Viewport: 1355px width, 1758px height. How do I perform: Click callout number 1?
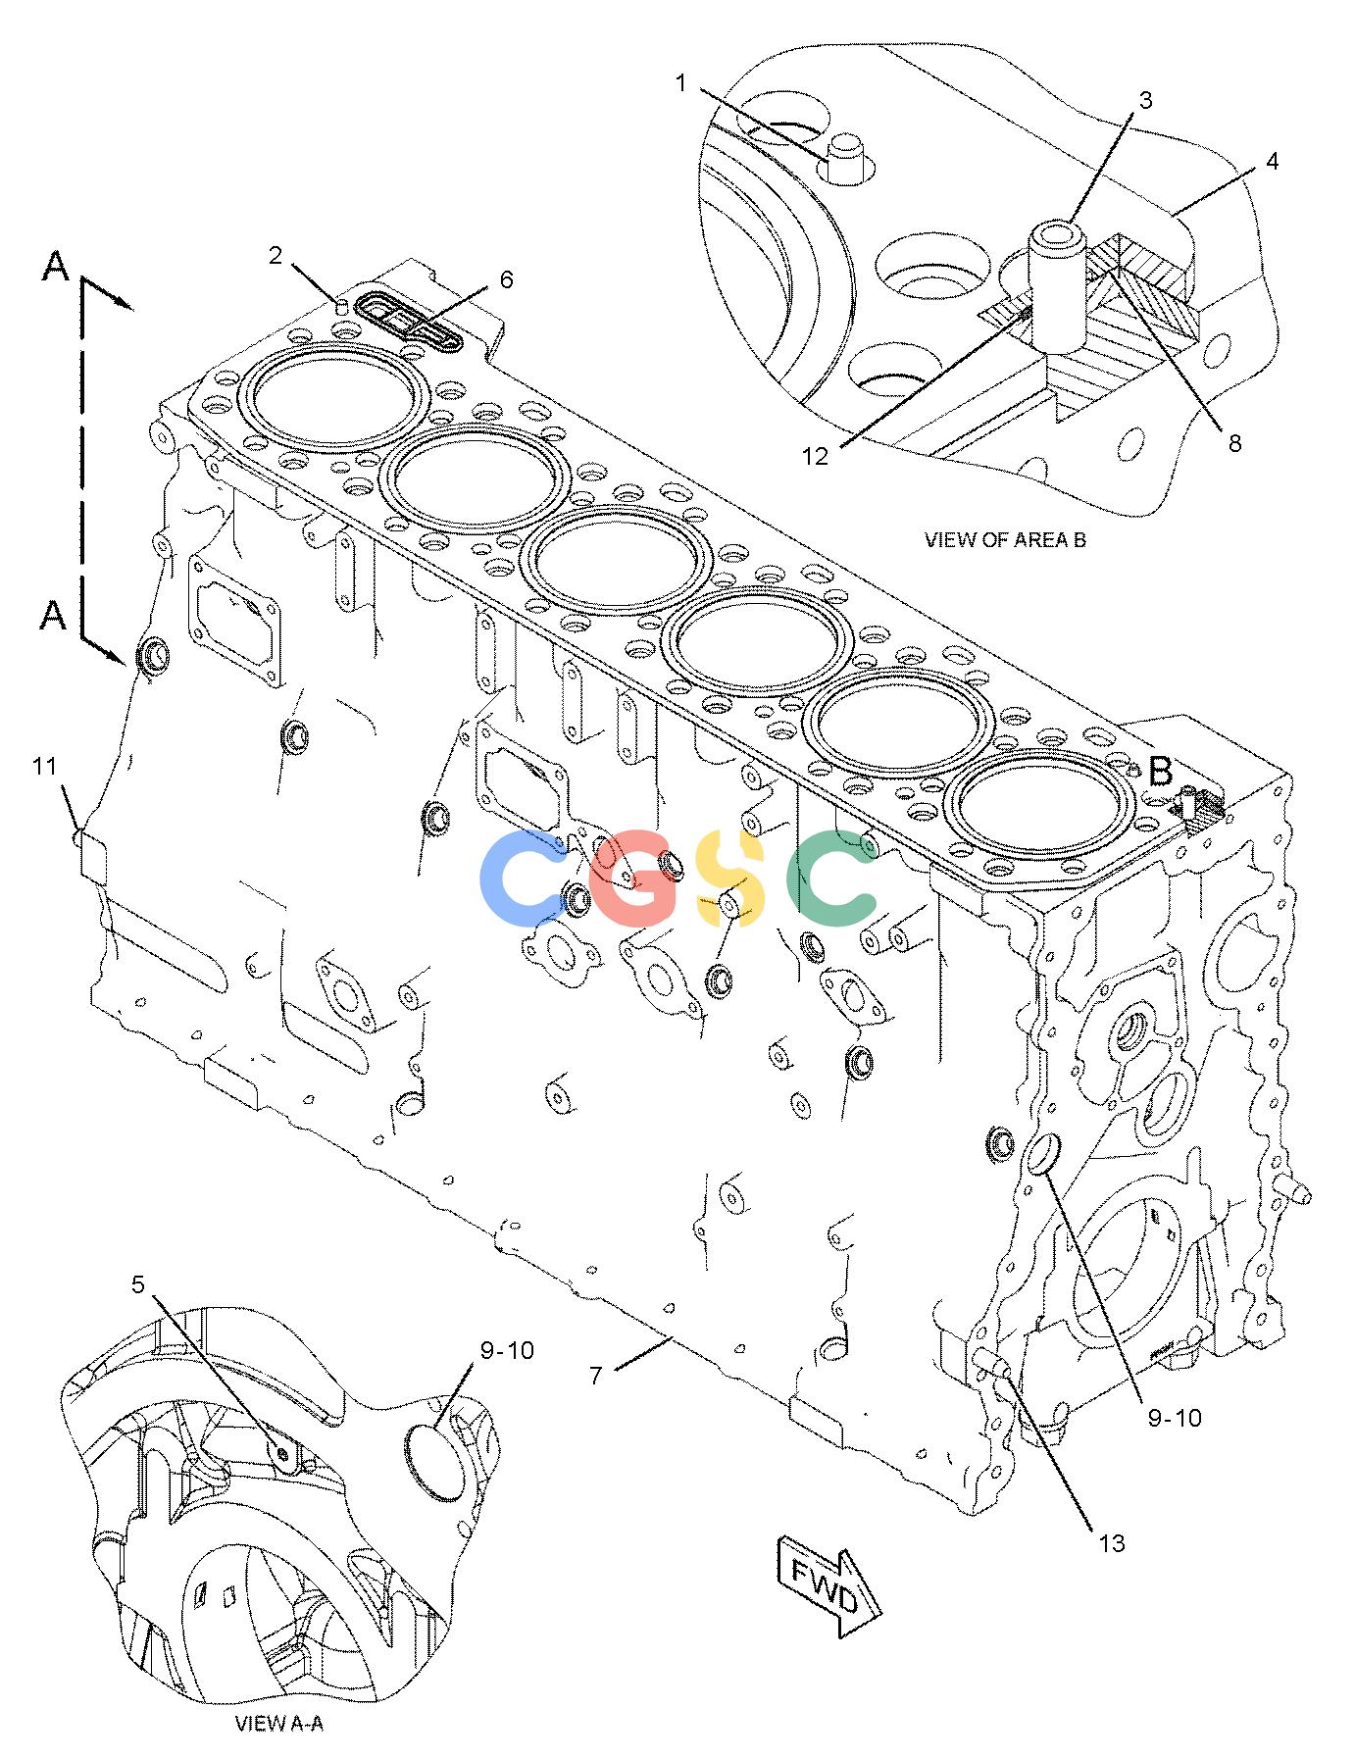681,83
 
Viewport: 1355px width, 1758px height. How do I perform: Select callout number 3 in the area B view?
1145,99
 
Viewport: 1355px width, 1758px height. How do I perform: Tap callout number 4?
1272,161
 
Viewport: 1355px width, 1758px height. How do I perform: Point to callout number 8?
1234,443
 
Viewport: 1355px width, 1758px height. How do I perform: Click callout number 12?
815,455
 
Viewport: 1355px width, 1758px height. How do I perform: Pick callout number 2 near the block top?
276,256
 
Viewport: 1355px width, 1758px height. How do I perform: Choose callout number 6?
506,279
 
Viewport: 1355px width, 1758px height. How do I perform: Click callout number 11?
44,768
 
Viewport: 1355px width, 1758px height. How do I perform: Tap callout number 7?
595,1376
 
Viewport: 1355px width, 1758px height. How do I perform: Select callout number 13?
1111,1543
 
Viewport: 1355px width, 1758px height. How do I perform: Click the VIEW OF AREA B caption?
1005,539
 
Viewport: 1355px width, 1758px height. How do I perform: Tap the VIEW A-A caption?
279,1725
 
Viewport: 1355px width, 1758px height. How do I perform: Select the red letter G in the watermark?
635,879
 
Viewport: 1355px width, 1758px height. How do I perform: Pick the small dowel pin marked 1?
843,160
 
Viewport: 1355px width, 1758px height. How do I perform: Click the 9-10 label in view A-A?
507,1351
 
